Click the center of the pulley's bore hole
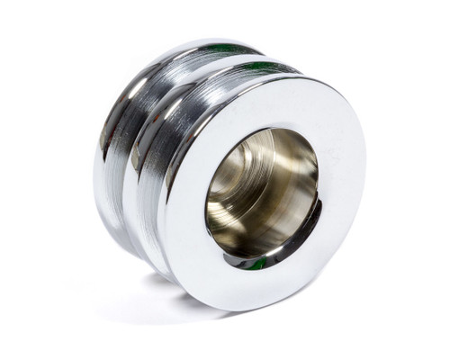pyautogui.click(x=262, y=193)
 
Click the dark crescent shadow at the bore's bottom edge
pyautogui.click(x=270, y=257)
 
